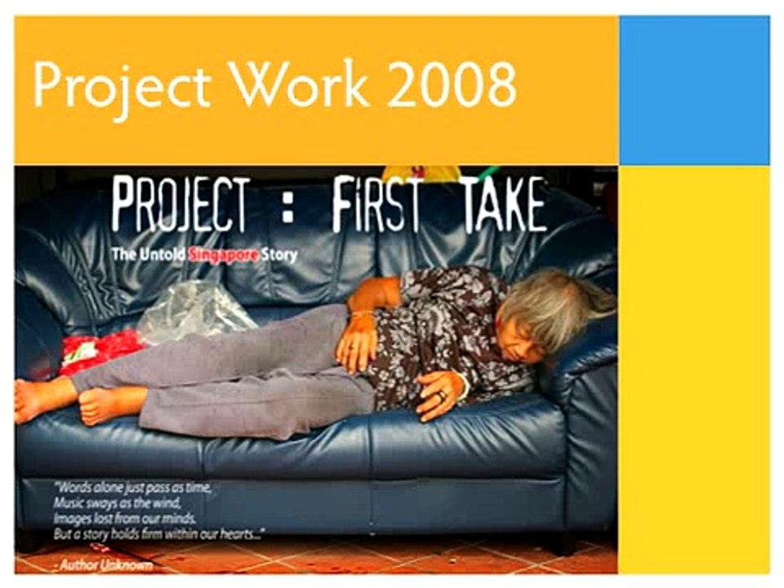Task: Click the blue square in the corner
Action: (694, 90)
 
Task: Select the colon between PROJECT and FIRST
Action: (287, 208)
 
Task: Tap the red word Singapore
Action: (224, 255)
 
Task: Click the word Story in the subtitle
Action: (279, 256)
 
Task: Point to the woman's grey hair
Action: (553, 305)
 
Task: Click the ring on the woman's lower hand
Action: (442, 395)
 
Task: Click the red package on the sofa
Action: (100, 353)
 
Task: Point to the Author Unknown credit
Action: (103, 565)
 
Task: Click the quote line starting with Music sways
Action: (118, 502)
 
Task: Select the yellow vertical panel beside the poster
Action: (694, 370)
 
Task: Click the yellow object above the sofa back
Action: (422, 173)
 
